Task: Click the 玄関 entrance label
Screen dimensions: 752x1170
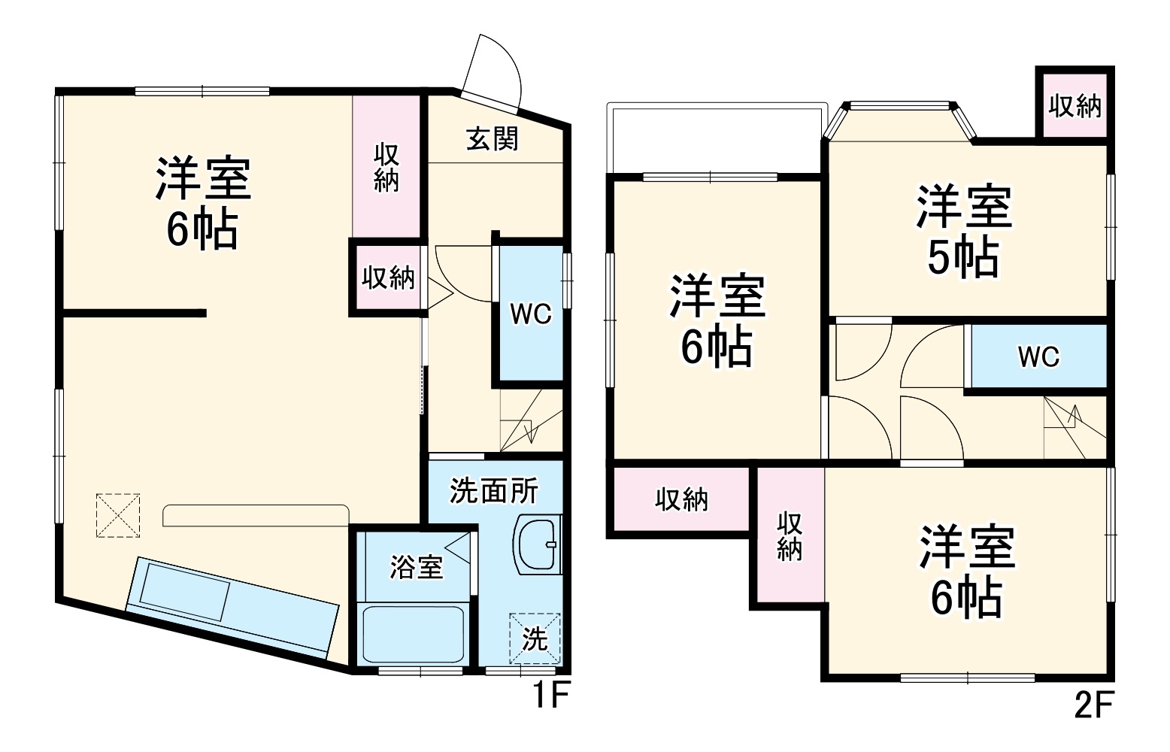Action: click(493, 138)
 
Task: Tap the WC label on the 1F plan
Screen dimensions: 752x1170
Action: click(531, 314)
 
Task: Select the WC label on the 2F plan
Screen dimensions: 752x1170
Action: click(1038, 356)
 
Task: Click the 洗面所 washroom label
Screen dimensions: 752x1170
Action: click(494, 491)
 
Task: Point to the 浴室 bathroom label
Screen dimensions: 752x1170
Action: click(416, 567)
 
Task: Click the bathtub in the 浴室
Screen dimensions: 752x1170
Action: click(413, 632)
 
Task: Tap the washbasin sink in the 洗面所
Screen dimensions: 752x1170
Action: click(539, 544)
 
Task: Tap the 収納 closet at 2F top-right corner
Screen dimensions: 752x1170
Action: click(1075, 106)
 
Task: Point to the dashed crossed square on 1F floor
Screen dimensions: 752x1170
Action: click(118, 515)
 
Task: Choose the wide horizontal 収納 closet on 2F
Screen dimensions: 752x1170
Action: click(681, 499)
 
